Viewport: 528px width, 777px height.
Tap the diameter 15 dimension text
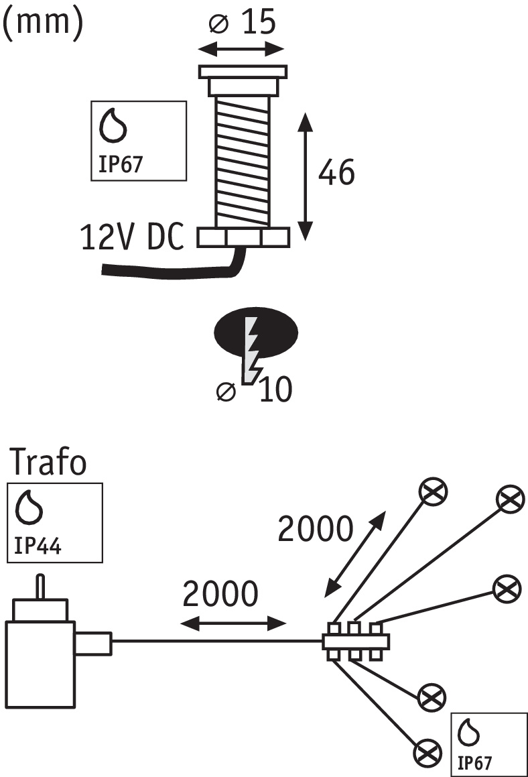(x=242, y=23)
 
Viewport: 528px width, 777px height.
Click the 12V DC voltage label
(x=132, y=238)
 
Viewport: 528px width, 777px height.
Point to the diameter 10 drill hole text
(x=255, y=390)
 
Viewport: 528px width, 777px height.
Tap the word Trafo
(x=50, y=463)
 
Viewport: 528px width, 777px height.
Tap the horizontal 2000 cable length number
(x=220, y=594)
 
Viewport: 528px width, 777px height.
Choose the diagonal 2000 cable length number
(x=315, y=530)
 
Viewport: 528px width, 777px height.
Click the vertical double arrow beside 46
(x=306, y=177)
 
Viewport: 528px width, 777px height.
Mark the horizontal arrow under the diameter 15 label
(x=242, y=49)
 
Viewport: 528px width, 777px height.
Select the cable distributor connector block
(x=356, y=642)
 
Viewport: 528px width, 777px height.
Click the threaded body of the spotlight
(x=243, y=161)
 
